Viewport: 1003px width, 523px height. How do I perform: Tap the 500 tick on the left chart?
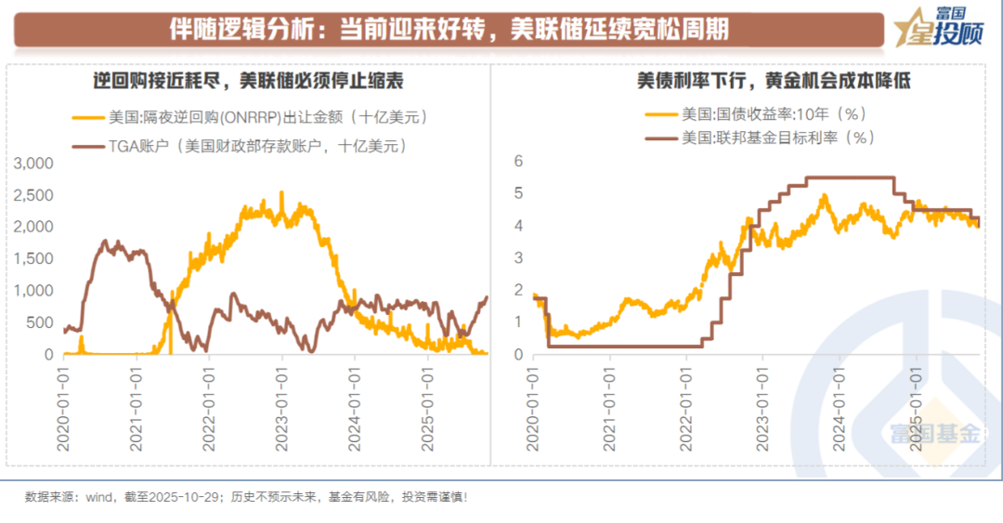(x=42, y=323)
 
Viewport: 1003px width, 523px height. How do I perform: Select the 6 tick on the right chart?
(x=520, y=161)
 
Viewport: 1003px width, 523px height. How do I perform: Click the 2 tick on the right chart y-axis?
(x=520, y=290)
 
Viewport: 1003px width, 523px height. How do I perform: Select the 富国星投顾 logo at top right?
(x=938, y=28)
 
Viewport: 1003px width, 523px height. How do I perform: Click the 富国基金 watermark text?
(x=934, y=433)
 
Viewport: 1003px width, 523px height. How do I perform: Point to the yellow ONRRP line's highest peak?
(x=282, y=193)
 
